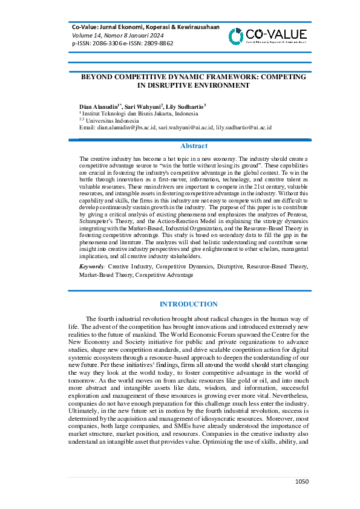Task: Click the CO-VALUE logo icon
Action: click(x=237, y=36)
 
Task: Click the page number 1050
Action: click(x=302, y=481)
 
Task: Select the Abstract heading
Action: click(x=194, y=146)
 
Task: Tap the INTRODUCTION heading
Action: click(x=188, y=304)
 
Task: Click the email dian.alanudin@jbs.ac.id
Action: click(x=126, y=128)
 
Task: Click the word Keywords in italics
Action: click(x=92, y=266)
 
